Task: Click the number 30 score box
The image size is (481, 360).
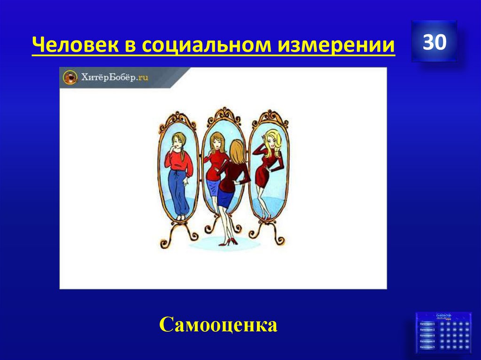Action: click(434, 42)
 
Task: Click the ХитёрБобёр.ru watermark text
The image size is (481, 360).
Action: click(115, 77)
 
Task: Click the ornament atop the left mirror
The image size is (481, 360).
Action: click(178, 118)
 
